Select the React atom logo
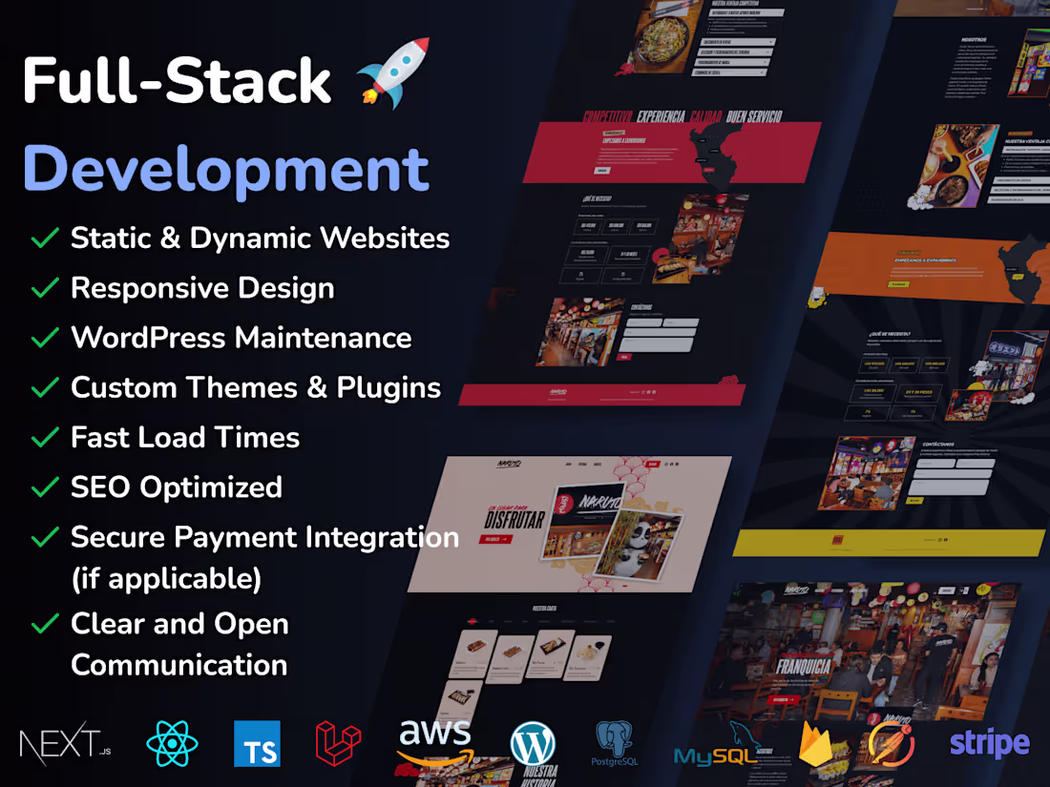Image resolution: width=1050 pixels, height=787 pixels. (x=173, y=744)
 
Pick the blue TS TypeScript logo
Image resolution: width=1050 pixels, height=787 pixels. (x=257, y=744)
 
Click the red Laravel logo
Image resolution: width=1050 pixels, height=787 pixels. (x=339, y=744)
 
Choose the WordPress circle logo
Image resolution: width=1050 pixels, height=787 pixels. (x=533, y=743)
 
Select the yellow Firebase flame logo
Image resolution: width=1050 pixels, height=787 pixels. (x=817, y=744)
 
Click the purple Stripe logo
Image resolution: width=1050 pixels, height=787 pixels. (x=989, y=743)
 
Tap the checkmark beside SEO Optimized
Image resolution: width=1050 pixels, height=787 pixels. (x=45, y=487)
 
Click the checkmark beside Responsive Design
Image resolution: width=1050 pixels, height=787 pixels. (x=45, y=288)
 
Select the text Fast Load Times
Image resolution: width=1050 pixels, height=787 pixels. (x=185, y=437)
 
